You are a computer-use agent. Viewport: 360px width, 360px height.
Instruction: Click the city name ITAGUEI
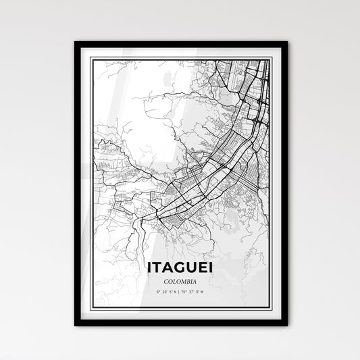pos(180,268)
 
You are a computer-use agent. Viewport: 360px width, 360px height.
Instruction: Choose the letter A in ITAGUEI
pos(168,268)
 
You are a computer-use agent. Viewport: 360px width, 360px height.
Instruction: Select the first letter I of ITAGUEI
pos(149,268)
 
